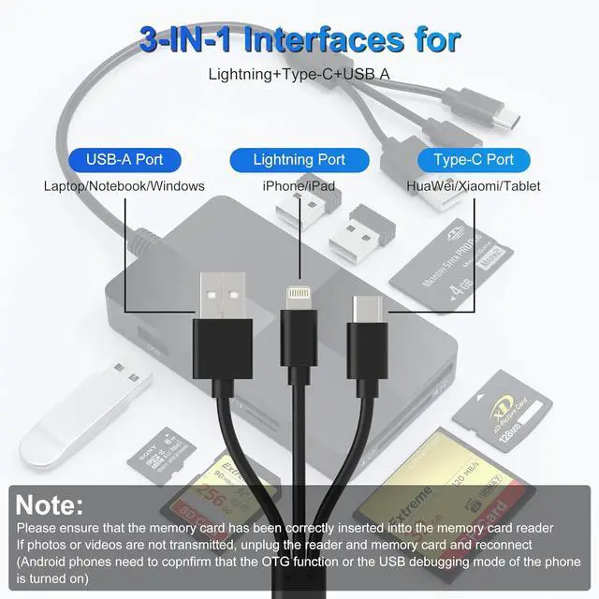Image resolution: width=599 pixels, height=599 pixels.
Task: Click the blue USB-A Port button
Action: click(x=124, y=160)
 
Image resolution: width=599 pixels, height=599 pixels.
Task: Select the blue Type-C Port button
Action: click(x=474, y=160)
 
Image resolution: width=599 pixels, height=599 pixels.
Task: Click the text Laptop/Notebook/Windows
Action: click(x=124, y=185)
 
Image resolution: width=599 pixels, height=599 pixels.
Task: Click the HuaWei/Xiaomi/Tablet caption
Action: click(x=474, y=185)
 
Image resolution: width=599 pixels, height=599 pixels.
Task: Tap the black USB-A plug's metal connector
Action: click(x=222, y=292)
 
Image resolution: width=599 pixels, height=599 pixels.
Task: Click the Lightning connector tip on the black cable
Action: click(x=299, y=288)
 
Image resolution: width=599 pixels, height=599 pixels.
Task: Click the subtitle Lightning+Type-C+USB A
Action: click(x=299, y=74)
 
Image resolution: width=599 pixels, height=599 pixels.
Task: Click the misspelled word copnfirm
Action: click(x=203, y=561)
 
